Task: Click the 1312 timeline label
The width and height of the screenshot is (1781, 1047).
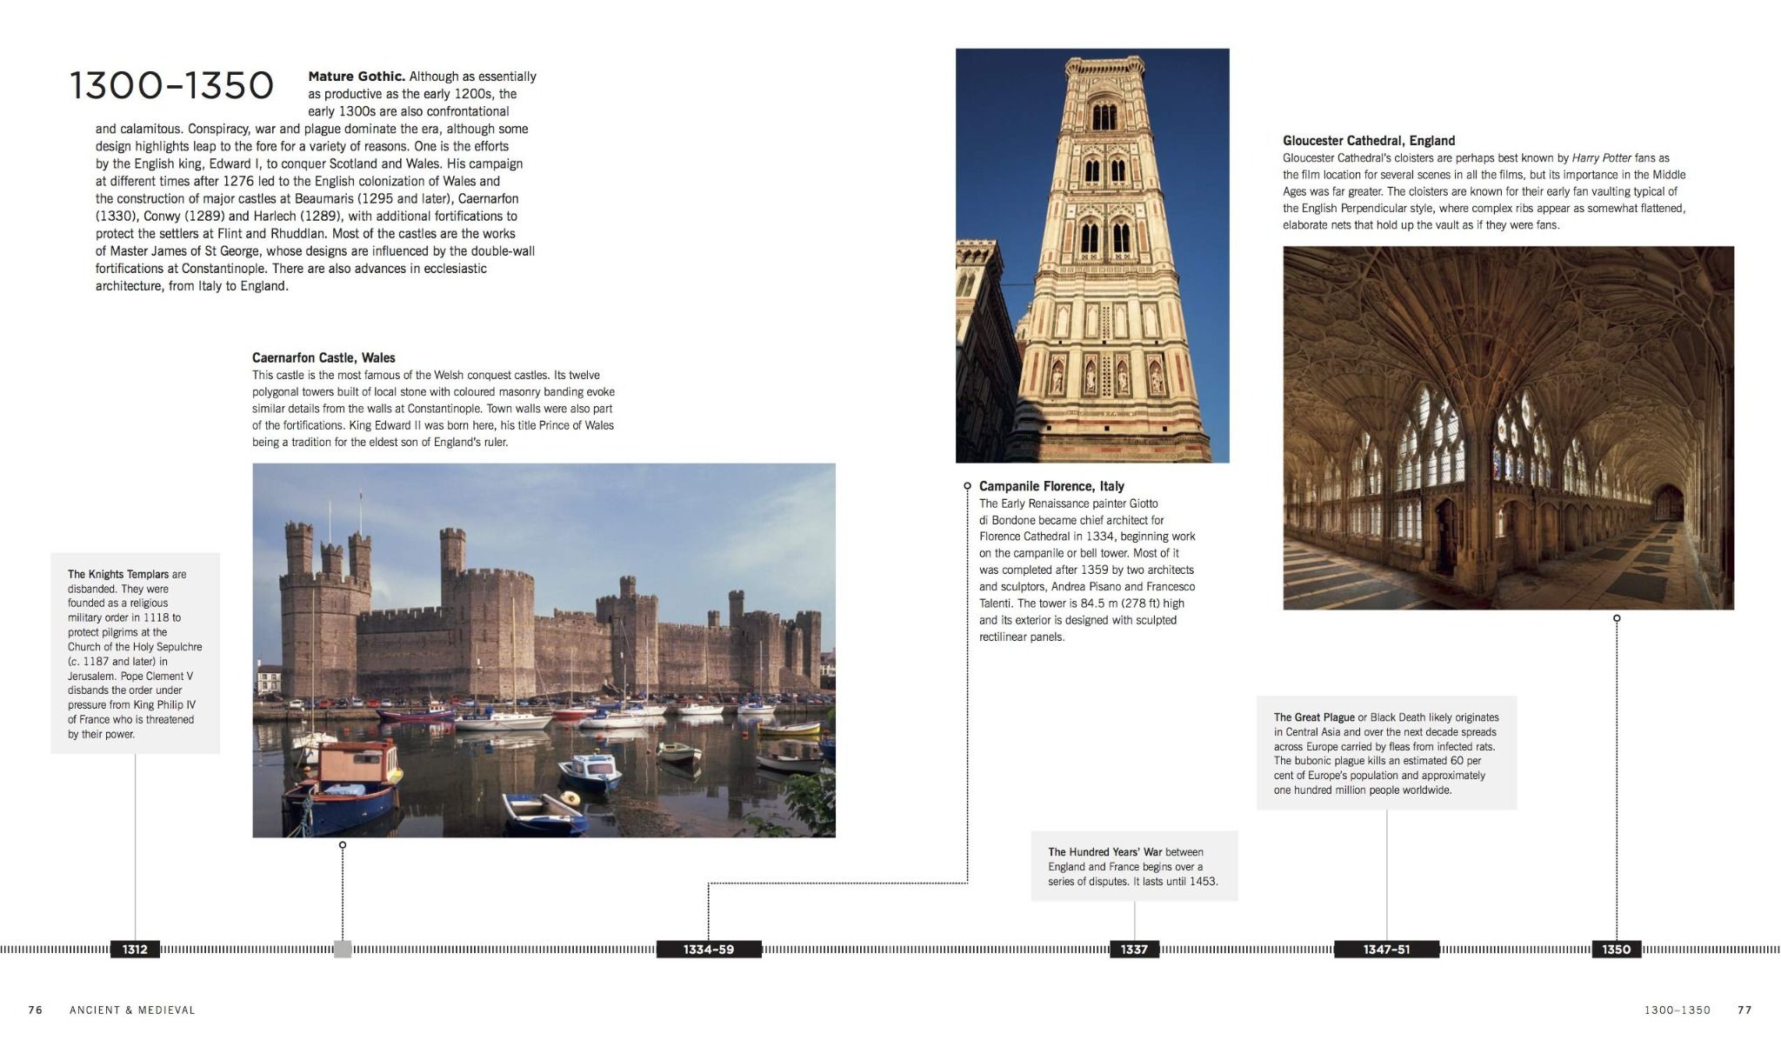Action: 135,950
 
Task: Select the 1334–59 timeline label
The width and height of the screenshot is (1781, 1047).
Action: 708,950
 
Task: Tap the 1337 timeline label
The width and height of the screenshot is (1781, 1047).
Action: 1134,950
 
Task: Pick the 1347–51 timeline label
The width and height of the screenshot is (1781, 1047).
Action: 1386,950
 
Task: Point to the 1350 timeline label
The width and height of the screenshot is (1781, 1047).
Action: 1616,950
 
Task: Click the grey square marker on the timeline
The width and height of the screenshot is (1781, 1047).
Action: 343,950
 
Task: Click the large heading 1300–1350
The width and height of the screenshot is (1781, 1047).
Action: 171,85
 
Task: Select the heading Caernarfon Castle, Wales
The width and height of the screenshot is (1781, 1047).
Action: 324,357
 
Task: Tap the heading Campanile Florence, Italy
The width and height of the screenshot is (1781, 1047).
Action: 1051,486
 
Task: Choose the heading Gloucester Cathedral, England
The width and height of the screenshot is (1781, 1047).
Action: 1368,141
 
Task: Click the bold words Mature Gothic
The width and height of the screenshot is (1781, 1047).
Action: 357,77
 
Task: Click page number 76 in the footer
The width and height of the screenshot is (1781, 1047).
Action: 36,1010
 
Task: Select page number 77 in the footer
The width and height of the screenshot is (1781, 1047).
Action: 1744,1010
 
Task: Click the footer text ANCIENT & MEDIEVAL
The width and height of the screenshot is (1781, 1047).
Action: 132,1010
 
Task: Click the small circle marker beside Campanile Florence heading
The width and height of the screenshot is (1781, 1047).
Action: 967,486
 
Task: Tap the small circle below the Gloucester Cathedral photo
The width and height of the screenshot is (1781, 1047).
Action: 1617,618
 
